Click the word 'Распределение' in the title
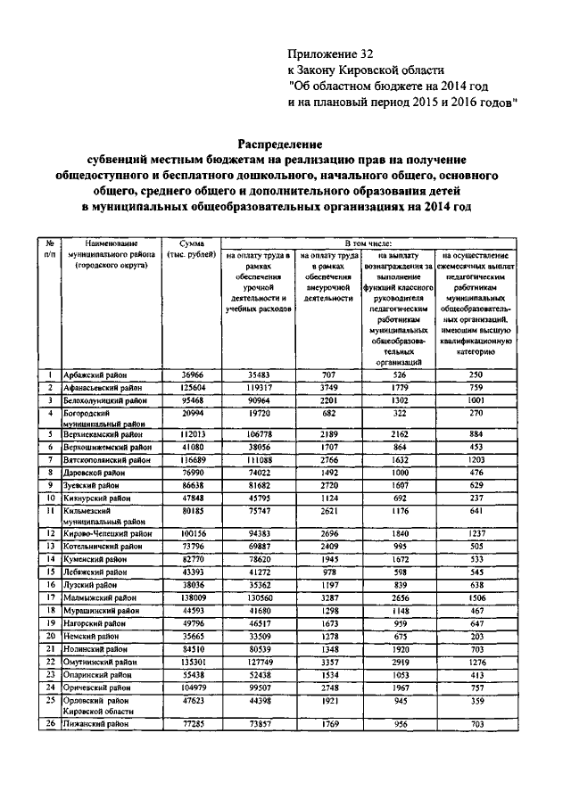click(x=278, y=143)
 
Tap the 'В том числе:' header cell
click(x=368, y=243)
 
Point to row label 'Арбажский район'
click(x=95, y=376)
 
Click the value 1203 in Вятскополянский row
click(x=479, y=459)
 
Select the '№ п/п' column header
click(x=52, y=249)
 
